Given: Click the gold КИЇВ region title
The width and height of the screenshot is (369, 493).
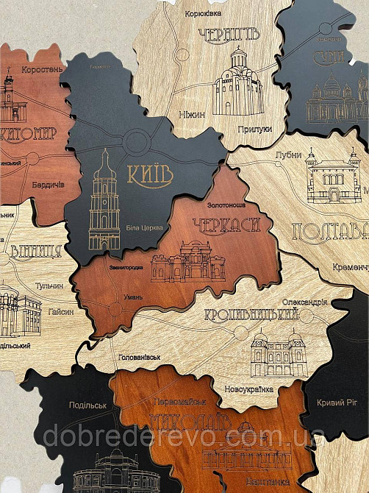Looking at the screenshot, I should (151, 175).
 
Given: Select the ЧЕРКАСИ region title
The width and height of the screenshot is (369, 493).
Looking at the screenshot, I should (226, 225).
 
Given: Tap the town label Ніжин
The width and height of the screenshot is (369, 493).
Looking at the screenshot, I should (192, 115).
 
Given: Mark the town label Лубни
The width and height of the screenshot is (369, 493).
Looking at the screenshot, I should (287, 155).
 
